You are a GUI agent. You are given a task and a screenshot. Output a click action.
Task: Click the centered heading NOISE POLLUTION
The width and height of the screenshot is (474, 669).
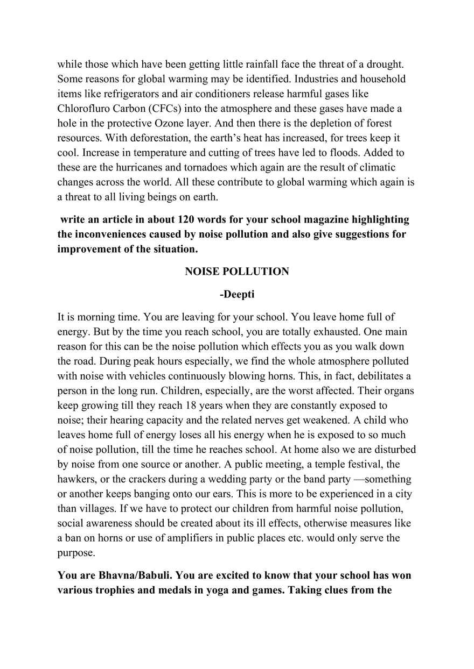[237, 272]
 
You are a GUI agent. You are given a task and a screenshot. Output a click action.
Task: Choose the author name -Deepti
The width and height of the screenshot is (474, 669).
[237, 294]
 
